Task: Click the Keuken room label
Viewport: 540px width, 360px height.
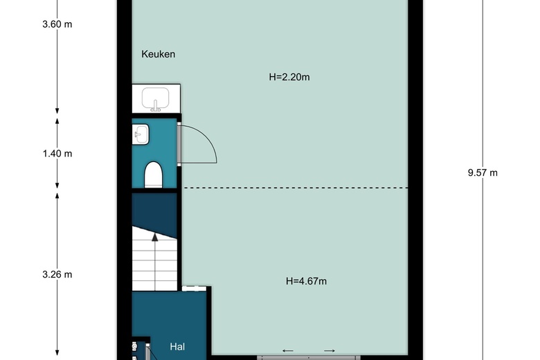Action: pos(158,54)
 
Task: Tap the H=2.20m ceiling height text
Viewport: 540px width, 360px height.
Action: pos(289,77)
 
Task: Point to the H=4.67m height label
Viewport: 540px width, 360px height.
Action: pos(306,281)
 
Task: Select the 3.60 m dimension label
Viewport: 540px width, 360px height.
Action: pos(57,24)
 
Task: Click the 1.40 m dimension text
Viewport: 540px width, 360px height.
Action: pos(57,153)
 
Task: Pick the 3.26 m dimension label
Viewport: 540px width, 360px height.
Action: pos(57,274)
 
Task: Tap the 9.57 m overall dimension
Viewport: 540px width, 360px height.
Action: pos(483,172)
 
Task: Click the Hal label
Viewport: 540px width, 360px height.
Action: pos(177,347)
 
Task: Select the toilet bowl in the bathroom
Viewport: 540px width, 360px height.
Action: pos(153,175)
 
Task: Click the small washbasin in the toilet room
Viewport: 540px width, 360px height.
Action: pos(141,134)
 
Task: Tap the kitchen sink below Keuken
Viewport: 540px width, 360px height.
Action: pos(156,98)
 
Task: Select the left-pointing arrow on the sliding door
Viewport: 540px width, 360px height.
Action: pos(288,351)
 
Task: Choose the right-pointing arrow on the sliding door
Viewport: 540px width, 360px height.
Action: pos(330,351)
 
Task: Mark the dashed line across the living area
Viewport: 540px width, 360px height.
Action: pos(296,188)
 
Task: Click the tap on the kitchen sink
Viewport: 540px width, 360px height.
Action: pos(156,107)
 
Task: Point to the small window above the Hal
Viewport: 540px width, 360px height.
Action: pos(195,288)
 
